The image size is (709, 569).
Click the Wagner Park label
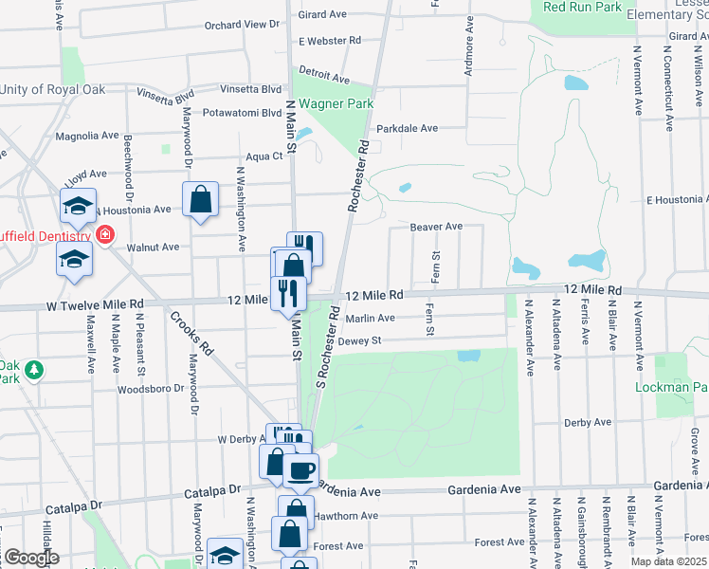coord(336,103)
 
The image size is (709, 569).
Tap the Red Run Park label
coord(583,7)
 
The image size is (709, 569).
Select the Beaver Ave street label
coord(436,227)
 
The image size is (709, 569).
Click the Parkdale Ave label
coord(408,128)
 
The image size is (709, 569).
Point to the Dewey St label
coord(359,340)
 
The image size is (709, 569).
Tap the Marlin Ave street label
coord(370,319)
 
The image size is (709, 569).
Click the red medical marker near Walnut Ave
coord(104,233)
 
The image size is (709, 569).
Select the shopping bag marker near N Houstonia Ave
coord(200,199)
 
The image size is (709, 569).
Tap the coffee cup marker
coord(301,469)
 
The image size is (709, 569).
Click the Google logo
coord(30,557)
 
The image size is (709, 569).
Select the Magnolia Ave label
coord(85,136)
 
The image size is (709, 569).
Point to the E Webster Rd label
coord(330,41)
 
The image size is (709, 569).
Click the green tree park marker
coord(36,368)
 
